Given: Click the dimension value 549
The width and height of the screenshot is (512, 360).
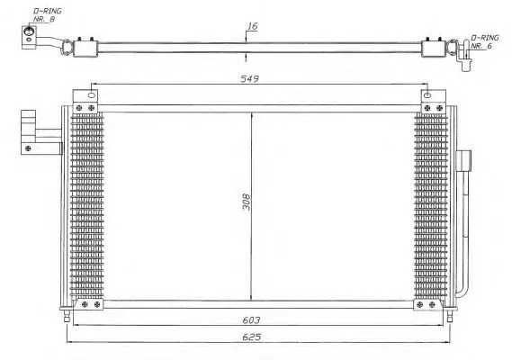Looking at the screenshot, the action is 249,78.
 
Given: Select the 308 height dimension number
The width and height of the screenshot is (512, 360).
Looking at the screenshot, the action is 247,202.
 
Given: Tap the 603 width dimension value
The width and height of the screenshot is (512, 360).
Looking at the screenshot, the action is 251,320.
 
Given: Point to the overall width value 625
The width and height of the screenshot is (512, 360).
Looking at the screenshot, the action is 251,337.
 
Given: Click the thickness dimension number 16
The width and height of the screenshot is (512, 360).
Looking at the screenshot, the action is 252,26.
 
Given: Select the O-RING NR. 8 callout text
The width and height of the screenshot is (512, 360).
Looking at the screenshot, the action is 47,15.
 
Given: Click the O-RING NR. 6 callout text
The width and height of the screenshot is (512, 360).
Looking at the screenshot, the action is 485,41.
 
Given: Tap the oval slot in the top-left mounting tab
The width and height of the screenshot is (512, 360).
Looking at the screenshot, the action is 92,95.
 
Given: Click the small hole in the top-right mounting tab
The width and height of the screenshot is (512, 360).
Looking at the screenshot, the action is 427,95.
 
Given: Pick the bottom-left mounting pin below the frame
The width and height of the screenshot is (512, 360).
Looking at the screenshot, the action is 67,316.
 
